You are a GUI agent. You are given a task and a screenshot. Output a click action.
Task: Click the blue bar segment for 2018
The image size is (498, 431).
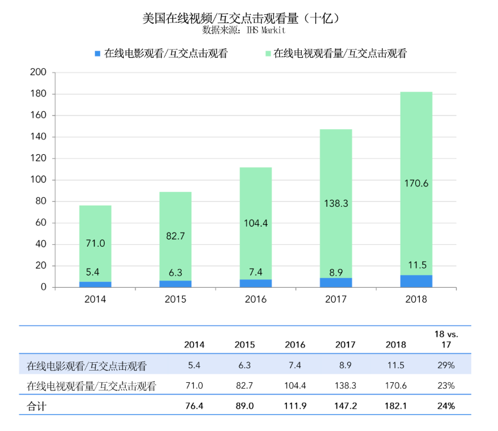point(416,281)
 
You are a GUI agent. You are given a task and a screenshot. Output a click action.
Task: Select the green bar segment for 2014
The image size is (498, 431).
point(95,244)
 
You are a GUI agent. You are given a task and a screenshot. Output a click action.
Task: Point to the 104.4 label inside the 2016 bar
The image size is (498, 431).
point(255,224)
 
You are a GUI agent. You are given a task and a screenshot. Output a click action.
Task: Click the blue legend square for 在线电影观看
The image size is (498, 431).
point(98,54)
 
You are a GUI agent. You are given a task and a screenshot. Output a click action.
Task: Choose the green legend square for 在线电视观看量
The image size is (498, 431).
point(267,54)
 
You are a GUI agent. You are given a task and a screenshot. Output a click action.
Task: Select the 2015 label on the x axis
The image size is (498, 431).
point(175,299)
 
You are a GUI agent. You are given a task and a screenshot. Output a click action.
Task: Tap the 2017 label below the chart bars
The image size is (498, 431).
point(336,299)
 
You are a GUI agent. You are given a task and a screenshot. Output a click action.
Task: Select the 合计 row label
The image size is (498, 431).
point(37,406)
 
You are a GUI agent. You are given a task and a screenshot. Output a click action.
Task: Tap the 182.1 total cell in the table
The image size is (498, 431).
point(395,406)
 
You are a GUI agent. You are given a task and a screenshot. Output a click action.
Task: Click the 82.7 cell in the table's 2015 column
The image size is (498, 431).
point(245,386)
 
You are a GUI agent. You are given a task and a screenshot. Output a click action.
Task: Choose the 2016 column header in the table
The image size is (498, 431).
point(295,345)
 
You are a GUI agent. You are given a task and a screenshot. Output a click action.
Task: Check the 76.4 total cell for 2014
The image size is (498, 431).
point(194,406)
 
